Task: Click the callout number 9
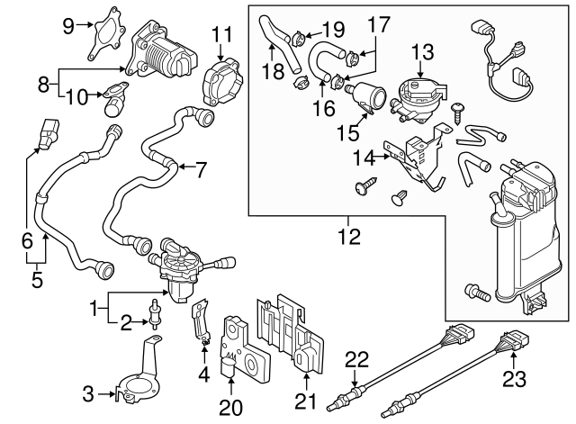[68, 26]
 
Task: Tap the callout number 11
[222, 34]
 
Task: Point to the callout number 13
[422, 52]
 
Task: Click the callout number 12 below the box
[349, 236]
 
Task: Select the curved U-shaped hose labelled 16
[323, 59]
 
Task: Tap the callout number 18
[273, 71]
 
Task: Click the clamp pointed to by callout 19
[299, 38]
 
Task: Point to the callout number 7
[200, 170]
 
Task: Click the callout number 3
[88, 394]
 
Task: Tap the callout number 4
[204, 374]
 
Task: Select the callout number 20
[230, 407]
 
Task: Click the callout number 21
[305, 401]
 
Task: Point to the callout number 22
[356, 360]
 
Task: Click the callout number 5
[37, 279]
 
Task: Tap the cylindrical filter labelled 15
[366, 96]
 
